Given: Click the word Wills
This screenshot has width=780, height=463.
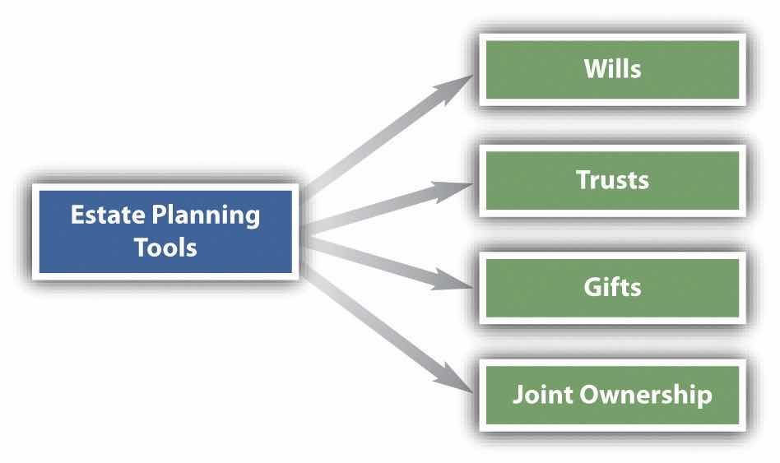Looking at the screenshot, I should tap(612, 69).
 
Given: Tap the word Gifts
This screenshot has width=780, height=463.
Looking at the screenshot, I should tap(612, 287).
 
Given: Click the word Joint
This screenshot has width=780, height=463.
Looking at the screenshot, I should tap(539, 395).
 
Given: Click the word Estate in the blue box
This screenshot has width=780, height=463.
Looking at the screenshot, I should tap(100, 215).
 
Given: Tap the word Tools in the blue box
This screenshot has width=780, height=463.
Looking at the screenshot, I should tap(165, 247).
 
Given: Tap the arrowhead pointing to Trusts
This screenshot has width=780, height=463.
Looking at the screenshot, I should tap(460, 188).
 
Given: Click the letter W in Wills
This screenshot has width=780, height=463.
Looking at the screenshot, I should tap(592, 69).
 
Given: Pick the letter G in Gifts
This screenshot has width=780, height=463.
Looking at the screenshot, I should tap(591, 287).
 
